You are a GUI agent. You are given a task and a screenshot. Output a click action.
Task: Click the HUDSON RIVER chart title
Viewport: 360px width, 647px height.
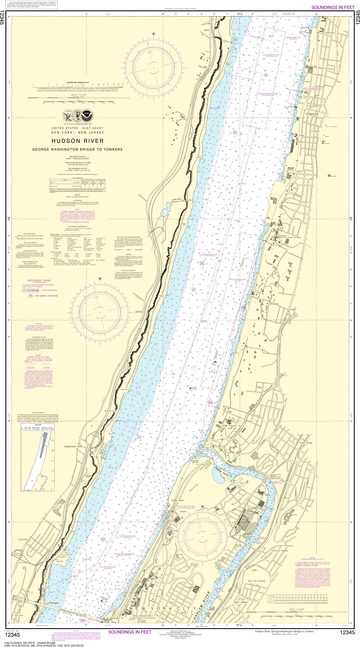[77, 141]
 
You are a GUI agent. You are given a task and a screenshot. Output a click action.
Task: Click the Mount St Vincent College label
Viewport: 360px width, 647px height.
[290, 237]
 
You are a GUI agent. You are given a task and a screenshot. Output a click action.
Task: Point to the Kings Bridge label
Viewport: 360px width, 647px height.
[306, 443]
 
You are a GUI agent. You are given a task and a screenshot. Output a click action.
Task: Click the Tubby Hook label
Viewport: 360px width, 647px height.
[178, 500]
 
